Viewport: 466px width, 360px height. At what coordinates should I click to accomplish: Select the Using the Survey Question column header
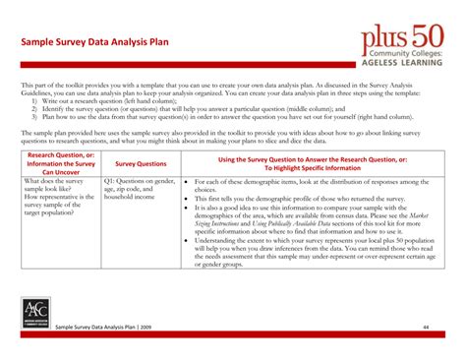(x=312, y=163)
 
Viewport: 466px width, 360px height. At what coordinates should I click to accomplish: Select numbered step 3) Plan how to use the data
(x=206, y=116)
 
